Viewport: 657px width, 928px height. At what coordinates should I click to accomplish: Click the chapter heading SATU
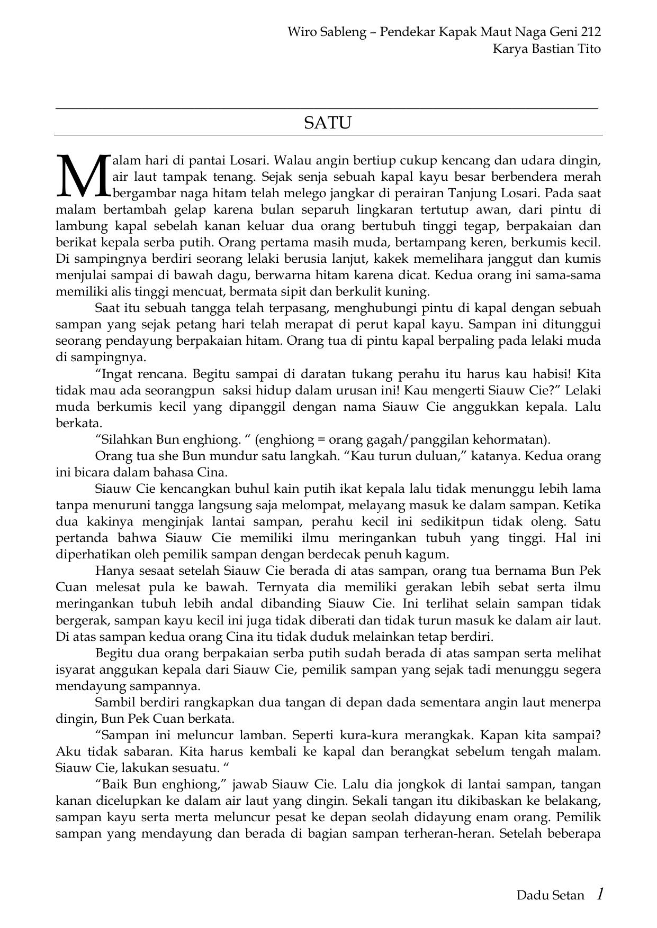pyautogui.click(x=328, y=123)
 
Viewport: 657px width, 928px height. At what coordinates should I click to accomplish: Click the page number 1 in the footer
pyautogui.click(x=599, y=894)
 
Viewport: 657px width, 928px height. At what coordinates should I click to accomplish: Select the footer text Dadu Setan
pyautogui.click(x=550, y=895)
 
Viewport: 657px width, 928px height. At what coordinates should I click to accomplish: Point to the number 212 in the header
pyautogui.click(x=590, y=32)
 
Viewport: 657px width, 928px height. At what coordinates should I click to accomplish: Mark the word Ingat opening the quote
pyautogui.click(x=116, y=374)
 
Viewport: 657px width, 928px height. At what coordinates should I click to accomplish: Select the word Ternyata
pyautogui.click(x=279, y=587)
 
